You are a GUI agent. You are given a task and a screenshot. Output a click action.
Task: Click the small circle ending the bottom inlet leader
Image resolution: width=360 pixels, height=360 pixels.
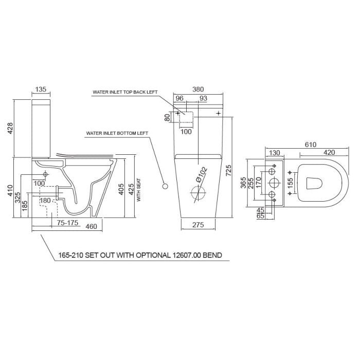coord(166,185)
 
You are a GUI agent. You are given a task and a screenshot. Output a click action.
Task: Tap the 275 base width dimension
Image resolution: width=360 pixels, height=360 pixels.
coord(199,225)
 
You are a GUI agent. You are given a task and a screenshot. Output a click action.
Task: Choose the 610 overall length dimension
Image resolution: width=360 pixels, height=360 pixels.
coord(310,145)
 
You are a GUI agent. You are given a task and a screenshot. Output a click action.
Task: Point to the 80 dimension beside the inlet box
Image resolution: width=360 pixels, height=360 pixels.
coord(167,117)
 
